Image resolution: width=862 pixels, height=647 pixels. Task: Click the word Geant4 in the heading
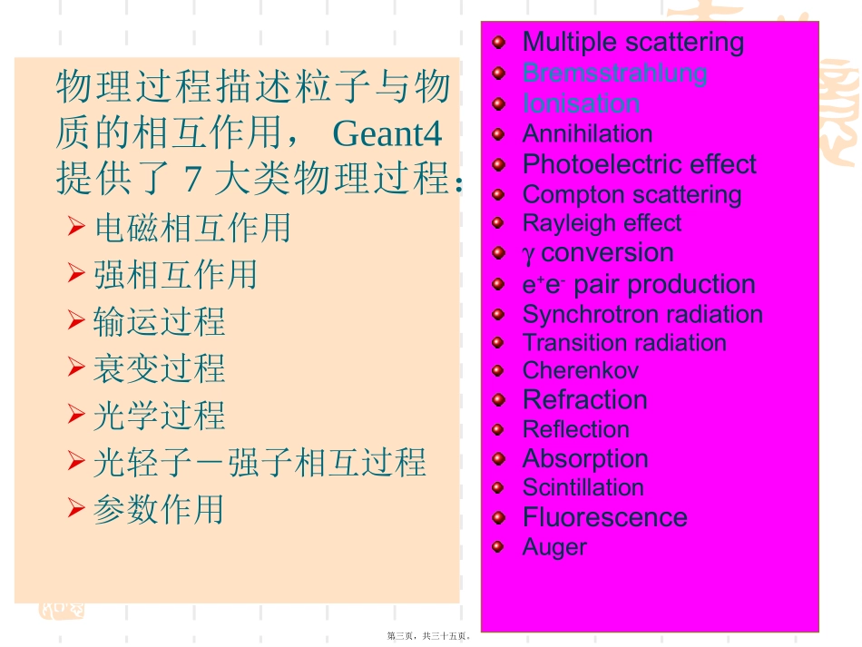point(387,134)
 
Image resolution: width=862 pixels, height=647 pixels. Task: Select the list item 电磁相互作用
point(192,227)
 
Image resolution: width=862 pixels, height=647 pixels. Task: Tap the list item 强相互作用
point(176,274)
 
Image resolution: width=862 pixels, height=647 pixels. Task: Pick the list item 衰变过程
point(160,368)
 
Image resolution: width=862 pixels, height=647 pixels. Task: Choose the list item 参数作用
point(160,509)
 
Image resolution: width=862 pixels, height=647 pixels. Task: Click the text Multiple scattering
point(632,42)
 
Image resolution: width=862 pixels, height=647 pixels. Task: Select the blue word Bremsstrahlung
point(614,73)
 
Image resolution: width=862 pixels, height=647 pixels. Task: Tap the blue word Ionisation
point(581,103)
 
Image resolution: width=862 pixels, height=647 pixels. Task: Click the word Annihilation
point(587,134)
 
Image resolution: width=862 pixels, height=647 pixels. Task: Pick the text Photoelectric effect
point(639,164)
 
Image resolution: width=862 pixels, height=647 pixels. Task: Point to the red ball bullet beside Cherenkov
point(498,370)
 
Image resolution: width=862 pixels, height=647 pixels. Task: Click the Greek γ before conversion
point(529,253)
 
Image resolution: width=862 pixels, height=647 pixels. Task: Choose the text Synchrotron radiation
point(642,314)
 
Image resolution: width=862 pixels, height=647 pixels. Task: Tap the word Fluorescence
point(604,517)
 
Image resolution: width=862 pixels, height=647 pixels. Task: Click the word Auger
point(554,547)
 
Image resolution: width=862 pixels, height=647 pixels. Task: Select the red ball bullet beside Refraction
point(498,399)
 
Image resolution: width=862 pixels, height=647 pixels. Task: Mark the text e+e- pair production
point(639,284)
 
